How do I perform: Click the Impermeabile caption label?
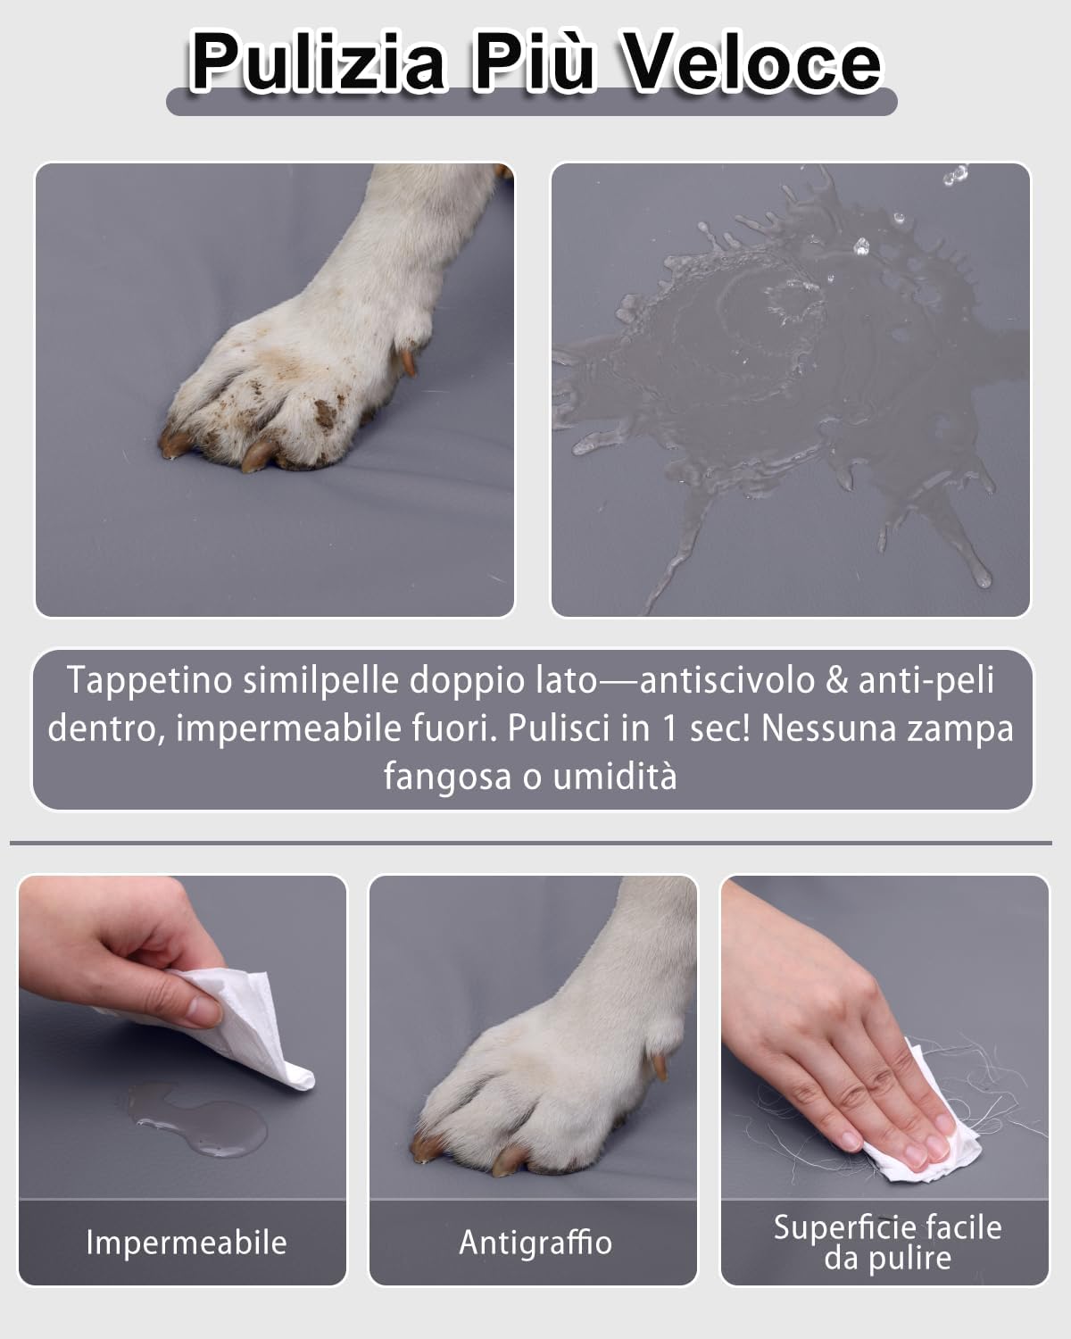pos(186,1243)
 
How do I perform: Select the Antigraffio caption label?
pos(535,1243)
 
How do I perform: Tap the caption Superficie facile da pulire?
pos(887,1243)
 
